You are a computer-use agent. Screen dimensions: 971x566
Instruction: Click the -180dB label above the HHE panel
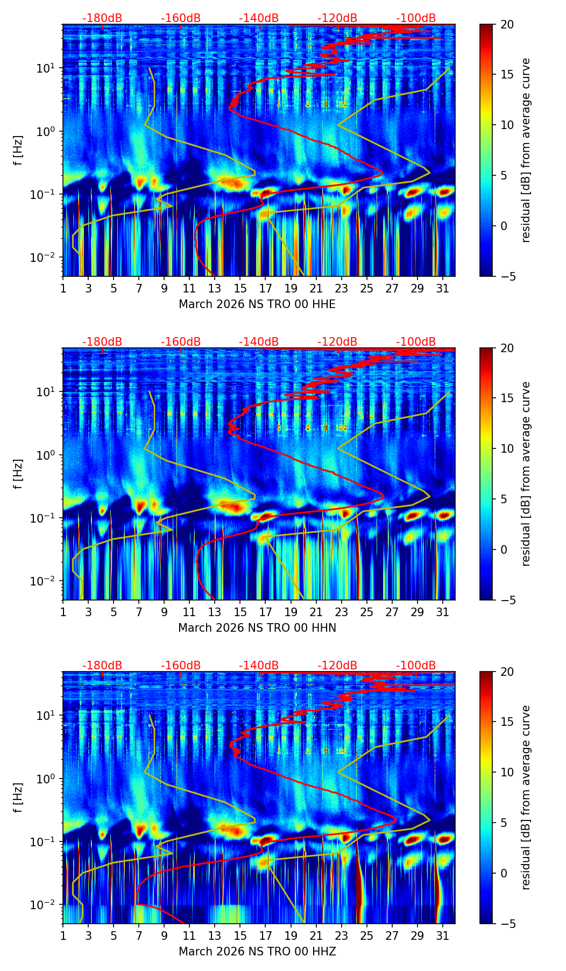(102, 18)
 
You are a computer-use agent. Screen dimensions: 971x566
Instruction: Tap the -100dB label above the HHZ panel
(416, 666)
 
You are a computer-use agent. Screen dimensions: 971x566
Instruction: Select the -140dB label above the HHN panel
(259, 342)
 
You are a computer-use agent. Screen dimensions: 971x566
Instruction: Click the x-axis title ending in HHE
(257, 304)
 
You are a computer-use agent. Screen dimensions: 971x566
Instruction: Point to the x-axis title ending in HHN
(257, 628)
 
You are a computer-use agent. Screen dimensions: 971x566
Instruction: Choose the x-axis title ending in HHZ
(257, 952)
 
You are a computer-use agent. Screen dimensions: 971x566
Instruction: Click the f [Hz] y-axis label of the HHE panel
(19, 151)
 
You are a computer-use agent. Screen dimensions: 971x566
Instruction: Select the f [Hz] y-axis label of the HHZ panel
(19, 798)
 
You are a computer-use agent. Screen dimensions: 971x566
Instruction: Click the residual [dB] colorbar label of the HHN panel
(526, 474)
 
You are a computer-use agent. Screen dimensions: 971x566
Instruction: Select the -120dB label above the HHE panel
(337, 18)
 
